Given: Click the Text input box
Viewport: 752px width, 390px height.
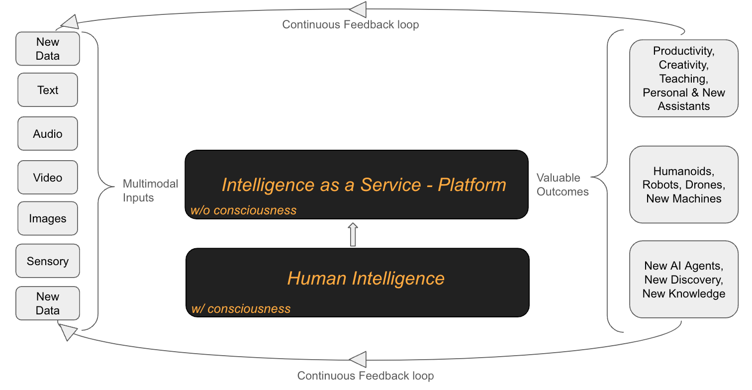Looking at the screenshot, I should click(48, 90).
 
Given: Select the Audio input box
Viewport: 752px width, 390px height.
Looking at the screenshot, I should click(48, 134).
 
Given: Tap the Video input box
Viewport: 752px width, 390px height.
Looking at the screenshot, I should click(48, 178).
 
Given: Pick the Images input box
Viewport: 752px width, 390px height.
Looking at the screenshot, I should click(48, 218).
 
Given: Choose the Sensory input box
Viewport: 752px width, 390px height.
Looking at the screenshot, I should click(48, 261).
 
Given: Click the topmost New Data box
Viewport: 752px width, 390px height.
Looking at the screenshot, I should click(48, 49).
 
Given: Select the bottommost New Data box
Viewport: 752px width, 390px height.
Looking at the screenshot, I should click(48, 303).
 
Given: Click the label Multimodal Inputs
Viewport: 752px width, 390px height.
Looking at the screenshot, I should click(150, 191).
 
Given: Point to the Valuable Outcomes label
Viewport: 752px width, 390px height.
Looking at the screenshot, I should click(562, 185).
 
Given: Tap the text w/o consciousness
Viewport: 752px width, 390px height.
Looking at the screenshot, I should click(243, 210).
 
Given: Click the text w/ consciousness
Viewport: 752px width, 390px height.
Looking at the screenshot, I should click(241, 308).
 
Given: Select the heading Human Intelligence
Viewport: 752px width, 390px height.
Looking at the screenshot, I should click(366, 278).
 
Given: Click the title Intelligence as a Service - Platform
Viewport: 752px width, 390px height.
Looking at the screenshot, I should click(364, 185).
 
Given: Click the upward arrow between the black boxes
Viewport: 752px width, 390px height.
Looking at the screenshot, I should click(353, 234).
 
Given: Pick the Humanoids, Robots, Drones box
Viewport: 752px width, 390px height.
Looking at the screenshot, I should click(683, 185).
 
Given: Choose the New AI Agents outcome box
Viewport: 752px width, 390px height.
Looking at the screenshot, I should click(683, 280).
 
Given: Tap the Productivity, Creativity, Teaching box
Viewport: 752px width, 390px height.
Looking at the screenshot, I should click(683, 78).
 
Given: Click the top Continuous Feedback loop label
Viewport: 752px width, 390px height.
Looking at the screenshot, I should click(350, 24).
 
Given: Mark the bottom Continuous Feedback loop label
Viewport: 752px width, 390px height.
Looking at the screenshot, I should click(365, 376).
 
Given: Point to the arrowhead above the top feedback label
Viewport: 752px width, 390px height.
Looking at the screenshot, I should click(358, 9).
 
